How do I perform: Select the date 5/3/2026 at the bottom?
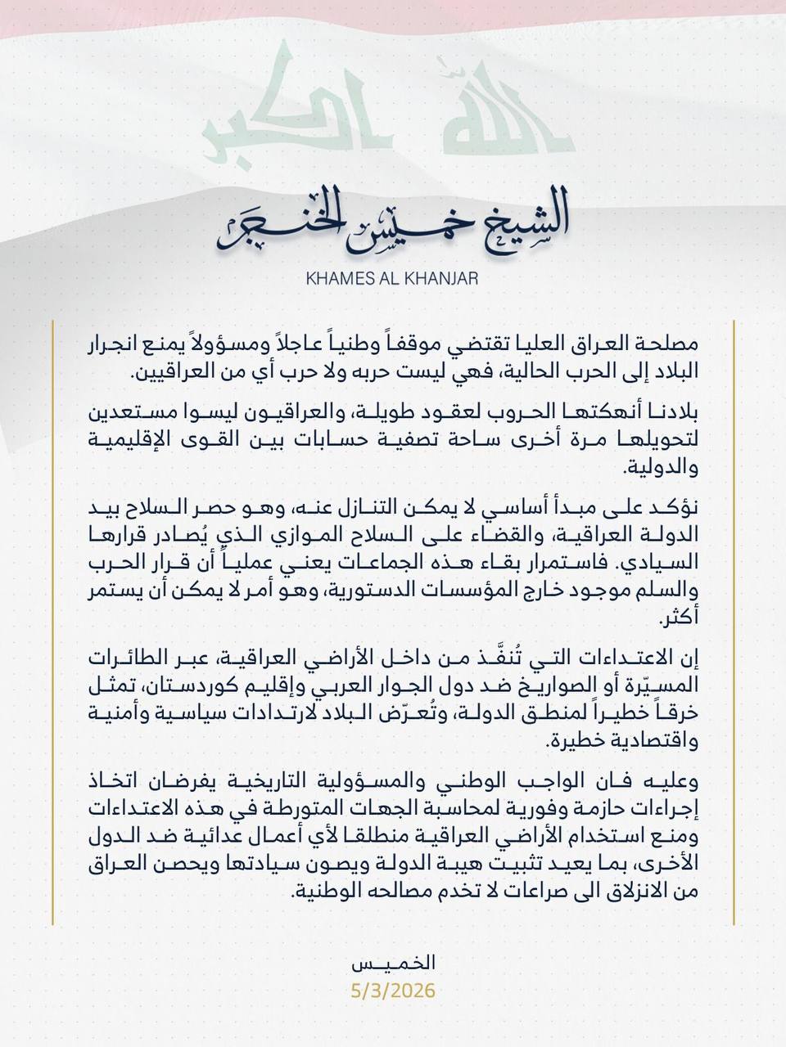(392, 991)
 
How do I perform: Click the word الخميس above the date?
(392, 963)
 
